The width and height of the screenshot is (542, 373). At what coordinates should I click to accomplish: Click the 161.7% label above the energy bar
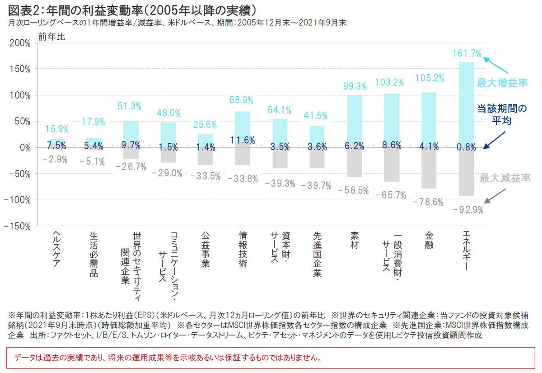(x=467, y=53)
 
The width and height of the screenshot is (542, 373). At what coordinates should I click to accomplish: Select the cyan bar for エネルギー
(x=467, y=104)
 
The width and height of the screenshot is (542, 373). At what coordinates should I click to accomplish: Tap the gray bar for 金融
(x=429, y=168)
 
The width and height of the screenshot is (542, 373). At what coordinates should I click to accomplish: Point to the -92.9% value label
(x=468, y=210)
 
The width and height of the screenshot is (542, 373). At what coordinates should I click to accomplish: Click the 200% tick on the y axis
(x=19, y=43)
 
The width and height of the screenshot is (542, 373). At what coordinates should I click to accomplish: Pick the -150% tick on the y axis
(x=18, y=226)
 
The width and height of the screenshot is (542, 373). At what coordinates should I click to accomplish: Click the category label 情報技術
(x=243, y=250)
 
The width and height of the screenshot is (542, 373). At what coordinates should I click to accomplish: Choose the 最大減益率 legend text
(x=505, y=178)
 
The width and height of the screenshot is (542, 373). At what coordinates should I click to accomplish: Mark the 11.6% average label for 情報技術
(x=243, y=140)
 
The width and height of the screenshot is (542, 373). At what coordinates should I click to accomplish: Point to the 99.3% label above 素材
(x=355, y=86)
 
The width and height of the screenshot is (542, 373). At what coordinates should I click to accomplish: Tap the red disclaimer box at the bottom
(x=271, y=358)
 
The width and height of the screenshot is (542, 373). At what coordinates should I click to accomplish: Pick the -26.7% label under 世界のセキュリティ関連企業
(x=131, y=167)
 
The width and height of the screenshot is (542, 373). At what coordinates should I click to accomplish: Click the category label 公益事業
(x=205, y=250)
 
